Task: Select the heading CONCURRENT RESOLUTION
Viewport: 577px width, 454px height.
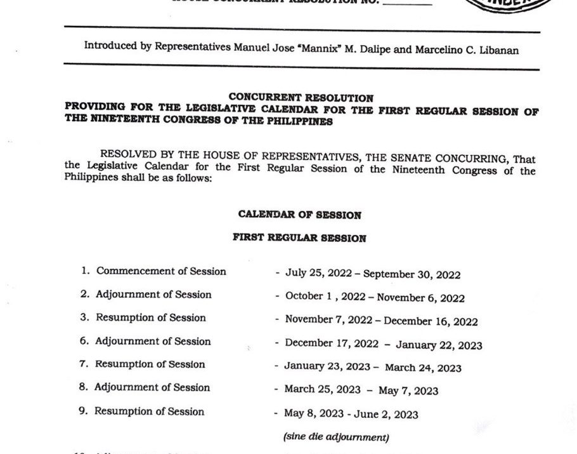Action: pyautogui.click(x=301, y=98)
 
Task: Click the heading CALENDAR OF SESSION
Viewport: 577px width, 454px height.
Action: pyautogui.click(x=300, y=215)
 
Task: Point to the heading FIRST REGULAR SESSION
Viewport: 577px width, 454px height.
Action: pyautogui.click(x=299, y=238)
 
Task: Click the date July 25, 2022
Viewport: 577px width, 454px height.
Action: pyautogui.click(x=316, y=274)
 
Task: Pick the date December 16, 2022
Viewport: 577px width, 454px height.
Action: pyautogui.click(x=431, y=322)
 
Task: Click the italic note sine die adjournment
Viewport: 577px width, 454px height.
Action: pyautogui.click(x=335, y=437)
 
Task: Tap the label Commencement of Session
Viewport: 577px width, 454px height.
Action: pyautogui.click(x=161, y=271)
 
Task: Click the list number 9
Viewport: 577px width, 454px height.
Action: pyautogui.click(x=82, y=411)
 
